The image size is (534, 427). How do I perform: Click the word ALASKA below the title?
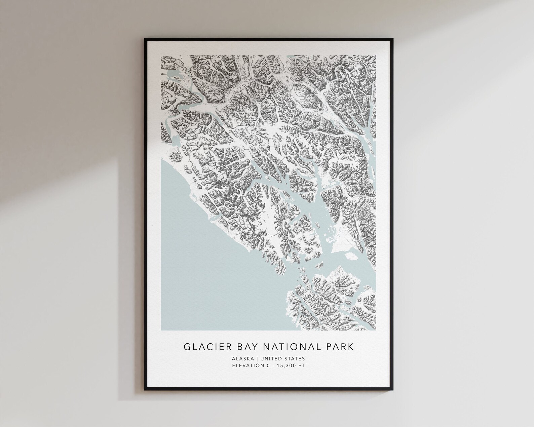[243, 358]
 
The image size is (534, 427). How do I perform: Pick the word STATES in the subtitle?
[294, 358]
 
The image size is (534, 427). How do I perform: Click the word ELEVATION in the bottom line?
[245, 366]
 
